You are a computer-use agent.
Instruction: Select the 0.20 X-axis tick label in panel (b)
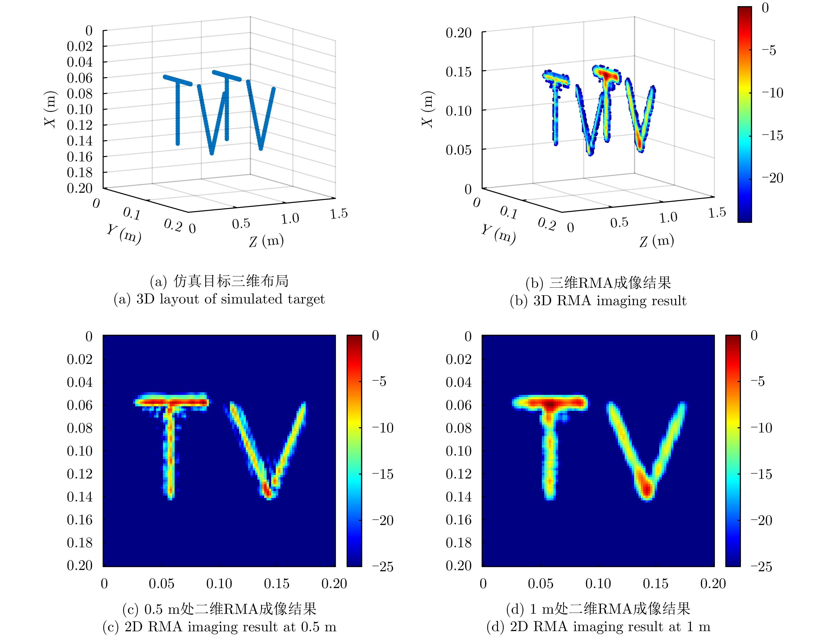[458, 33]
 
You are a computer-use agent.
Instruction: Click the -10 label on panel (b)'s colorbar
[772, 93]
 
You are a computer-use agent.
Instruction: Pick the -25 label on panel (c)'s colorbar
[382, 567]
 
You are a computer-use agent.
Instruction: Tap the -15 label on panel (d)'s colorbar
[761, 474]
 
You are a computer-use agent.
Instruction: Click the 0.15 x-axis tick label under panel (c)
[276, 584]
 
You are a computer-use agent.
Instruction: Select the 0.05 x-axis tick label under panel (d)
[540, 584]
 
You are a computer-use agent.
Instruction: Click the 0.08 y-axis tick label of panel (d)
[458, 428]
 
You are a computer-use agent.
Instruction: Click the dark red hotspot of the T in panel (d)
[551, 405]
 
